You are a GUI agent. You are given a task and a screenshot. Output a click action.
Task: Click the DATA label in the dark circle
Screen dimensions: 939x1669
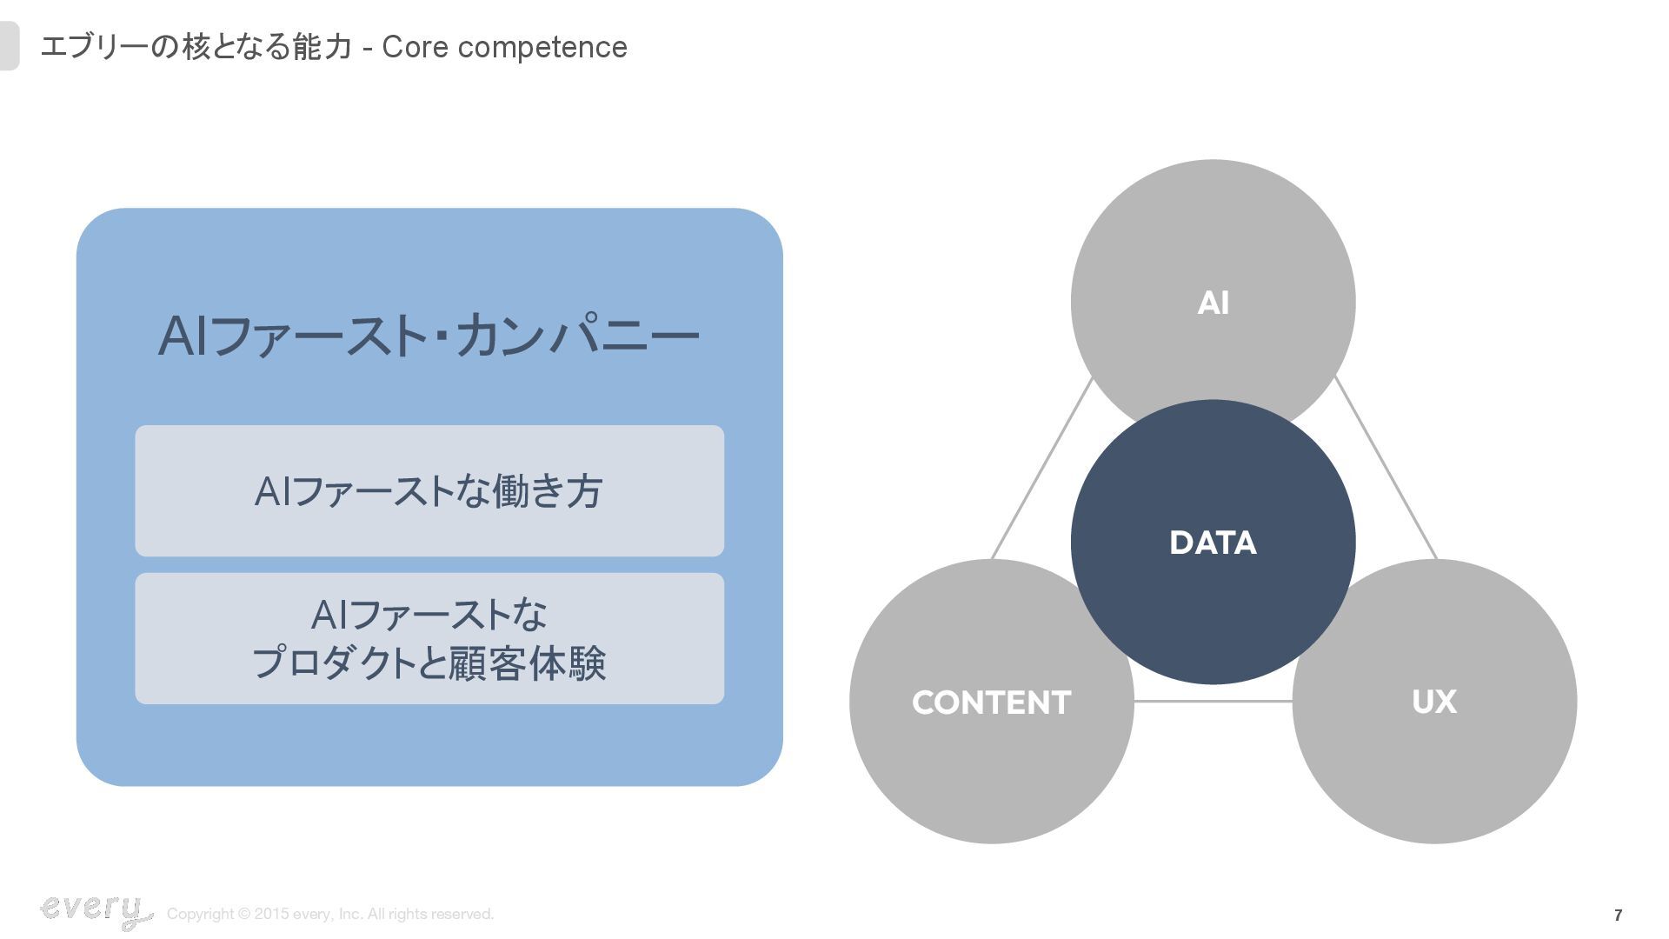coord(1213,543)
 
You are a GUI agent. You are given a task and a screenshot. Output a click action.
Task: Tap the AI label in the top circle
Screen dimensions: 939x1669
coord(1213,303)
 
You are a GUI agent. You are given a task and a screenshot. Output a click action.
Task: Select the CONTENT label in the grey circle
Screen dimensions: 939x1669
coord(991,703)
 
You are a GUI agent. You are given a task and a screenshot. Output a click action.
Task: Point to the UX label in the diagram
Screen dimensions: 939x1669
coord(1433,702)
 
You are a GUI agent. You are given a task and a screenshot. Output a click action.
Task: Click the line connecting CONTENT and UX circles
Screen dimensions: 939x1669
coord(1213,701)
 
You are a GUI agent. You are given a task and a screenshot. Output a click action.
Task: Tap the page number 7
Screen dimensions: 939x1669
coord(1618,915)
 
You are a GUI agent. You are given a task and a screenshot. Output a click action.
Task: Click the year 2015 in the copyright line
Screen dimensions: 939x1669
coord(271,914)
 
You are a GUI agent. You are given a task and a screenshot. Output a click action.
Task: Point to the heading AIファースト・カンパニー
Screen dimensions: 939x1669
coord(429,336)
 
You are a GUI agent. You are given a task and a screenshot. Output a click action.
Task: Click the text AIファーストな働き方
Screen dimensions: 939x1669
coord(429,491)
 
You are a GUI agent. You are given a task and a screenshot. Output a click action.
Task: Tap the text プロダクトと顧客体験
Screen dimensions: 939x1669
coord(429,663)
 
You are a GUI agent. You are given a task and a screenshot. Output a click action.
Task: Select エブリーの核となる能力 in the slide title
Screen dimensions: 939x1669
coord(196,47)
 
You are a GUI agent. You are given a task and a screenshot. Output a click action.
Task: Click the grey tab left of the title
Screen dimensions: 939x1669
coord(9,46)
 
